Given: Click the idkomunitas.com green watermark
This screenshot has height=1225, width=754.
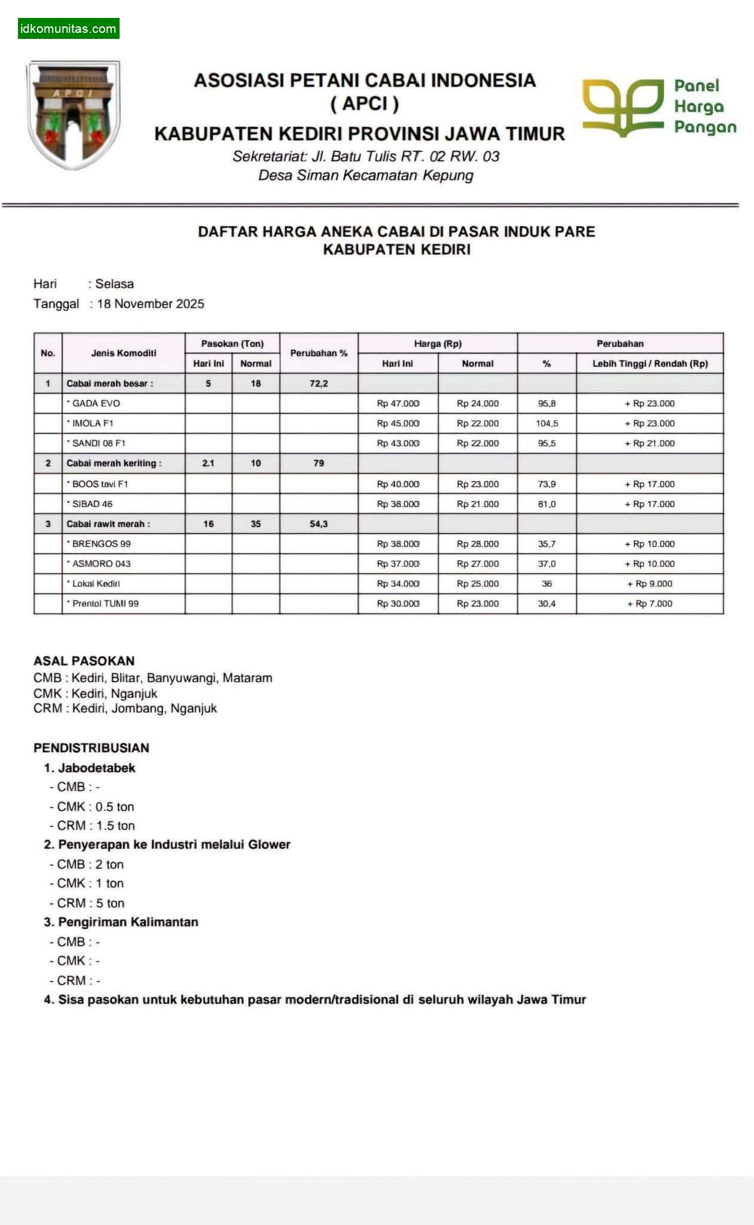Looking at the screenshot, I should (x=68, y=28).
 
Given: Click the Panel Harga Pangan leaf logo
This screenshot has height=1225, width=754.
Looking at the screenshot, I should (x=622, y=106).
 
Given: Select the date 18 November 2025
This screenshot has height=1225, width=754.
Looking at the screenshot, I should (x=150, y=304).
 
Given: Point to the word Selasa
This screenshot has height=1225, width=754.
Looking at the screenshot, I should (x=114, y=284).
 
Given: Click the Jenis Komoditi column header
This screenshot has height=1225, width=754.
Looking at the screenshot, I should (x=123, y=353).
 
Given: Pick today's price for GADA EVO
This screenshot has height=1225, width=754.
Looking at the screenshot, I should (x=398, y=404).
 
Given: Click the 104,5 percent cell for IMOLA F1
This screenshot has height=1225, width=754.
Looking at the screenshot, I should (x=547, y=423).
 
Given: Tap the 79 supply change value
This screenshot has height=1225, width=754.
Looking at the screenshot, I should (x=319, y=463).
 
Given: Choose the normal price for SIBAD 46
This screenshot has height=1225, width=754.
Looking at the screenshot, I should (x=477, y=504).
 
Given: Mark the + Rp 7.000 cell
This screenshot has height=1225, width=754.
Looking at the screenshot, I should (x=649, y=604).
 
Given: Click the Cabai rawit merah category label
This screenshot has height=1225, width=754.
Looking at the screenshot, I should (x=108, y=524).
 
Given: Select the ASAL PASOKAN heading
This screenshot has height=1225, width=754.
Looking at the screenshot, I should (x=84, y=661).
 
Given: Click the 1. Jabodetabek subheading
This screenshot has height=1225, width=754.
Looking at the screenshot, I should (x=90, y=768).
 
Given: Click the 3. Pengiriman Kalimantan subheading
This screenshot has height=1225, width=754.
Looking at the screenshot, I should (x=121, y=922).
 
